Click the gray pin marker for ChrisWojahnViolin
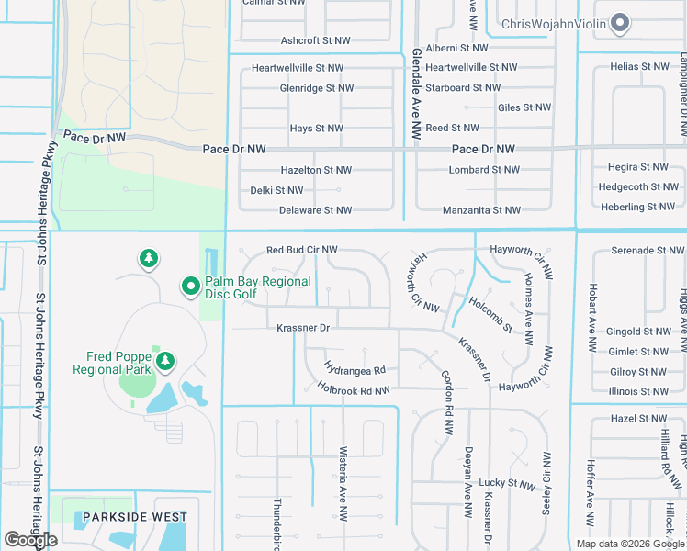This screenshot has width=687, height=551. [620, 24]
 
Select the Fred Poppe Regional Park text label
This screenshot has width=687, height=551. [111, 363]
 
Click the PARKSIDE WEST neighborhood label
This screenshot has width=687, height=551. [135, 517]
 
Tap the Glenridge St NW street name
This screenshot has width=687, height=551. [316, 88]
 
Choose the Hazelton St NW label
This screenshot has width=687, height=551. [316, 170]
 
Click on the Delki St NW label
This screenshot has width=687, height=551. [276, 190]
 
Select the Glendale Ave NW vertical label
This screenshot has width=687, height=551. [415, 94]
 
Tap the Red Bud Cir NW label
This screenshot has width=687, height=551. [302, 250]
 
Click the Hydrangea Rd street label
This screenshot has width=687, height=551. [353, 370]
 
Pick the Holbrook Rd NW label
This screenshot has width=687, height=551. [354, 390]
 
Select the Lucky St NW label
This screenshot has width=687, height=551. [506, 482]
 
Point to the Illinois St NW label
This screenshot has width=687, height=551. [639, 391]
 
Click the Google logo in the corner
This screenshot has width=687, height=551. [30, 540]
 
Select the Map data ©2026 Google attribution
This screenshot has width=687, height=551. [629, 544]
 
